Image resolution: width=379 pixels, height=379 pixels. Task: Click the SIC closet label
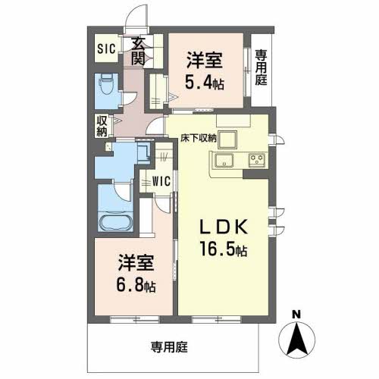(x=106, y=49)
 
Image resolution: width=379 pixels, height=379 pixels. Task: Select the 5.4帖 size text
(x=205, y=83)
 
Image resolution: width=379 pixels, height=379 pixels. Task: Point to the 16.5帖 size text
(x=224, y=249)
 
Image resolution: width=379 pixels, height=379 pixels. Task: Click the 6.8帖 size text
(x=136, y=285)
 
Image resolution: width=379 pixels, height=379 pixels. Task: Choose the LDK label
(x=224, y=227)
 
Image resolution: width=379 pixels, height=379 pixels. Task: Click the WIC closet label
(x=161, y=181)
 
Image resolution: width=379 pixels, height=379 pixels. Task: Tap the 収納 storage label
(x=102, y=127)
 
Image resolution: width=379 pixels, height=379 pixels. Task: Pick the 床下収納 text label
(x=199, y=138)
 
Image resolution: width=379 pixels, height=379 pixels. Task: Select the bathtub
(x=116, y=222)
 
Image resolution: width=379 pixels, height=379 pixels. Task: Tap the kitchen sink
(x=224, y=160)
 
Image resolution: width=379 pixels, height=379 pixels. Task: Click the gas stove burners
(x=257, y=160)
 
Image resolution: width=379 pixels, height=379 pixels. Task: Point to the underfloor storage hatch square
(x=228, y=139)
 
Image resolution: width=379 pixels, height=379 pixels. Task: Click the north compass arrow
(x=297, y=340)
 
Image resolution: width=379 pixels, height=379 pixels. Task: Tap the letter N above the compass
(x=296, y=315)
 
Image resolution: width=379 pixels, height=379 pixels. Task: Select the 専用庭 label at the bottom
(x=169, y=347)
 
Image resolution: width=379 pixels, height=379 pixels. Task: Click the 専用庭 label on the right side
(x=261, y=67)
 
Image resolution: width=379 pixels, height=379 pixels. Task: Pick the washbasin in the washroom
(x=143, y=153)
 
